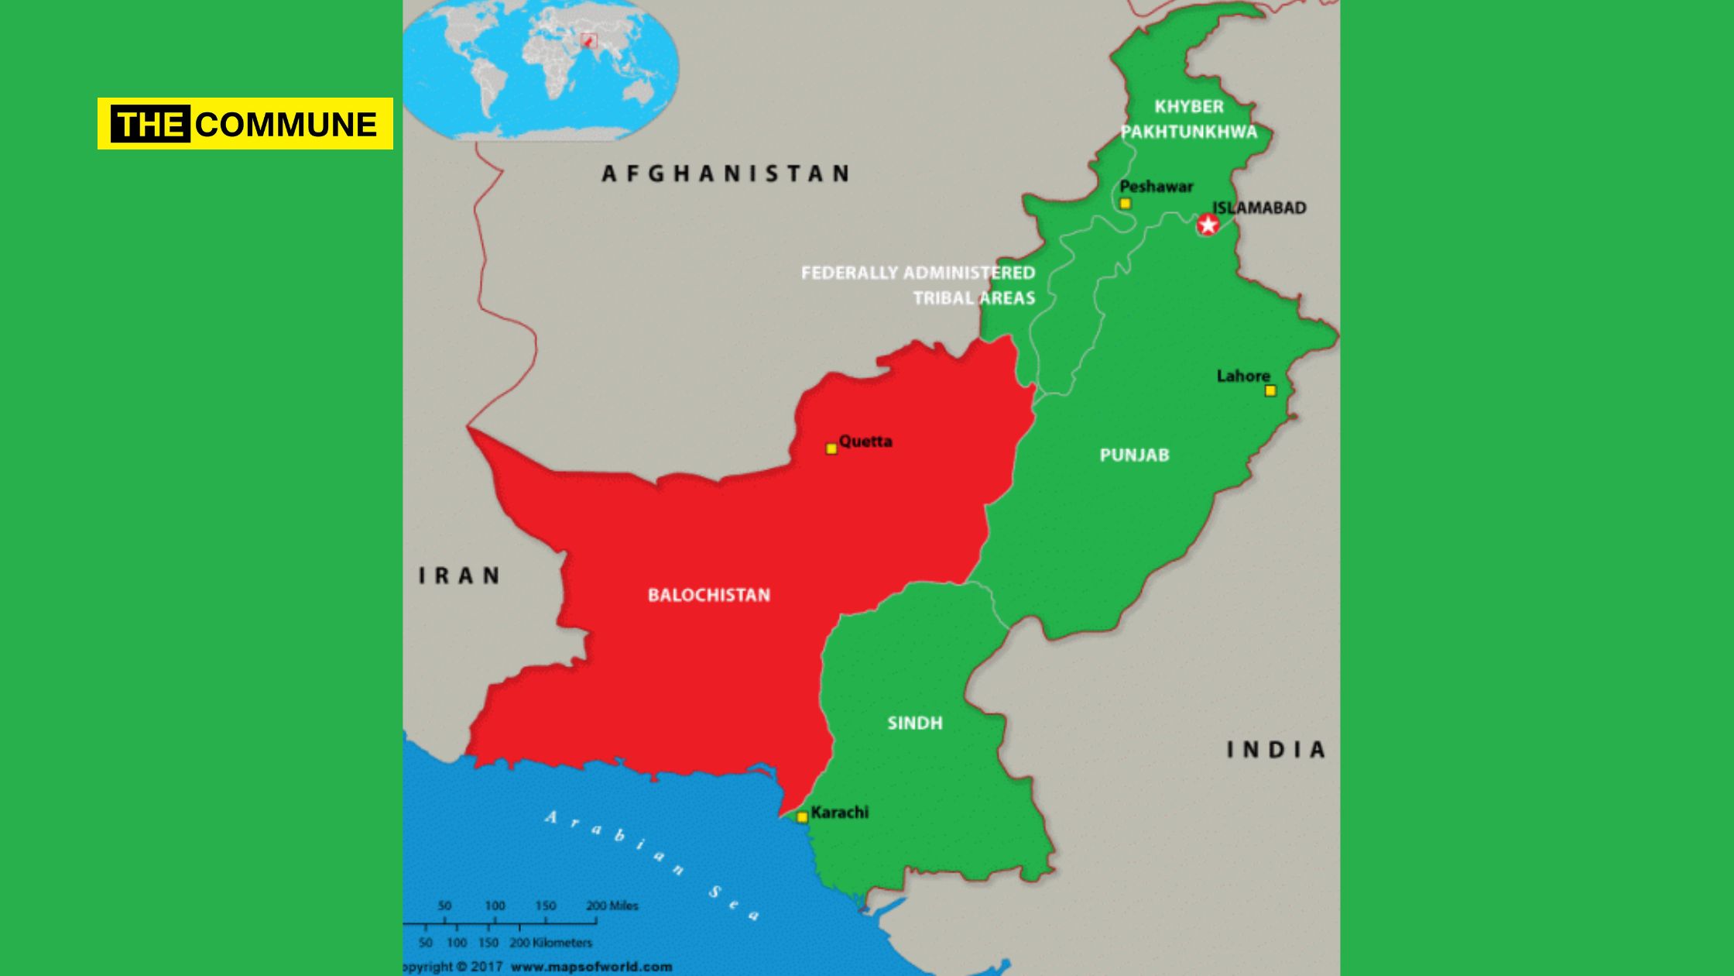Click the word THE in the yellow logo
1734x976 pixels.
point(150,124)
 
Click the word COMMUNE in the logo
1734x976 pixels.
point(286,124)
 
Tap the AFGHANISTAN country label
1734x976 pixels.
point(725,174)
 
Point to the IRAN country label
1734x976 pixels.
point(459,576)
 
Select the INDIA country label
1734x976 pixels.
point(1276,749)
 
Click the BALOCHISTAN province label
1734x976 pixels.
point(709,595)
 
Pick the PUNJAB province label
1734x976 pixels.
point(1134,455)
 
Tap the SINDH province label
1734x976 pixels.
point(915,723)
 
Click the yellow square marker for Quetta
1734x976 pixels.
point(831,448)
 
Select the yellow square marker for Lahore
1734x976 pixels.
point(1270,391)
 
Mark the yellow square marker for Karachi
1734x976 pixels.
point(803,816)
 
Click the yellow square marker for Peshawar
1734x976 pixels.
point(1126,204)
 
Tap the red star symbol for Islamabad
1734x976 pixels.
point(1208,225)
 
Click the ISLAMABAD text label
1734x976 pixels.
point(1259,208)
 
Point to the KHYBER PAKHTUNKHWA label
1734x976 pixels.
point(1189,119)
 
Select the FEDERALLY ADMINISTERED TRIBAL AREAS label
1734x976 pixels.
point(918,285)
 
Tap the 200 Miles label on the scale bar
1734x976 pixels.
point(612,906)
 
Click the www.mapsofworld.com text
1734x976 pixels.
point(591,966)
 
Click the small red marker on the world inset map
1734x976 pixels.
point(588,40)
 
